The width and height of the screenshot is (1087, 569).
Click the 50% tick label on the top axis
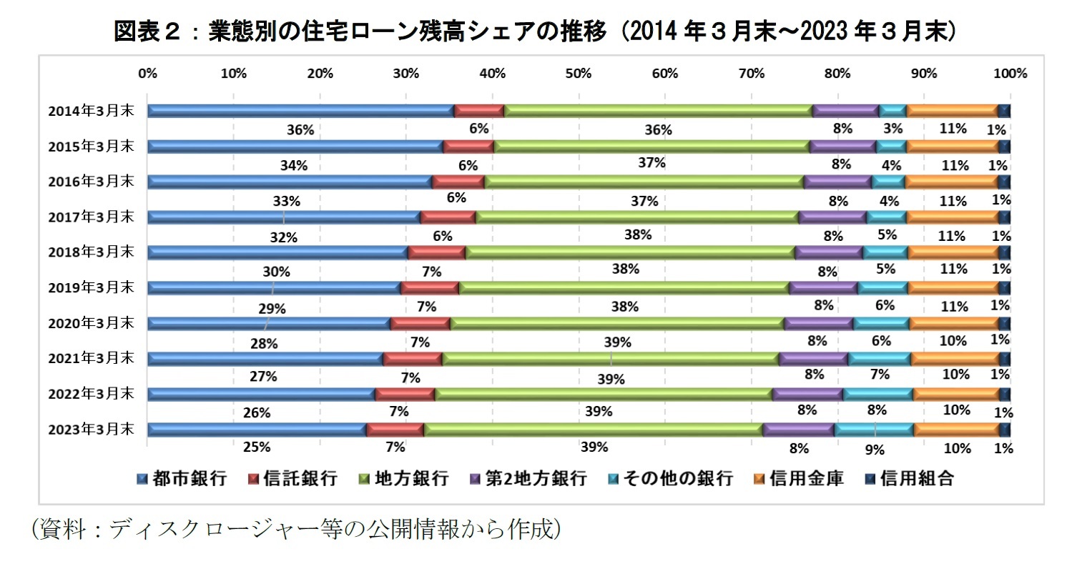pyautogui.click(x=578, y=74)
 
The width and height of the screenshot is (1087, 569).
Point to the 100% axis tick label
pyautogui.click(x=1010, y=74)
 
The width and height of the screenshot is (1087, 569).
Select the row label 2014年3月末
pyautogui.click(x=91, y=111)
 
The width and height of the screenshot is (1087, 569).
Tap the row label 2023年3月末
pyautogui.click(x=91, y=430)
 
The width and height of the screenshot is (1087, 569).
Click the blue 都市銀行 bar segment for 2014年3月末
pyautogui.click(x=300, y=110)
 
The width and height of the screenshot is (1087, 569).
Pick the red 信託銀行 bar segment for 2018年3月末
pyautogui.click(x=436, y=252)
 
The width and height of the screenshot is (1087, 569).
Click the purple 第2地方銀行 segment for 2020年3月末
pyautogui.click(x=818, y=323)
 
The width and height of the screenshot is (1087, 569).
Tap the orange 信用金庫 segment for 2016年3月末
pyautogui.click(x=951, y=182)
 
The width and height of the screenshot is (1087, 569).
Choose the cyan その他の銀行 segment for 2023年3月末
pyautogui.click(x=874, y=430)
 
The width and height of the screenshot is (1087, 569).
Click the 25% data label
pyautogui.click(x=257, y=447)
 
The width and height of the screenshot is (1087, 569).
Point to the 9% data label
pyautogui.click(x=874, y=450)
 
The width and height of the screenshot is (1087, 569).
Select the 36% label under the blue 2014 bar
pyautogui.click(x=300, y=130)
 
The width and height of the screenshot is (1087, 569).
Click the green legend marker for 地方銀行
pyautogui.click(x=364, y=479)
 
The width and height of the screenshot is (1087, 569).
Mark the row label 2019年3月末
pyautogui.click(x=91, y=287)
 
